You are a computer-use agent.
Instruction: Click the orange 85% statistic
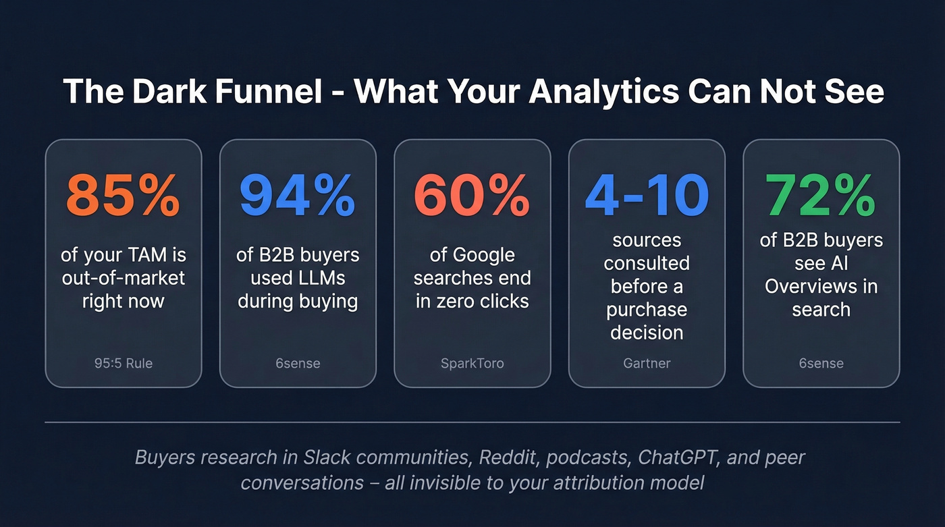[123, 196]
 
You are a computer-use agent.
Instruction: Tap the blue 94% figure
[297, 196]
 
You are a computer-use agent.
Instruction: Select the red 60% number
[472, 196]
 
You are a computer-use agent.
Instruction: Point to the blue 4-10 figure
[647, 196]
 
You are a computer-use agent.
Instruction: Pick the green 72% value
[821, 196]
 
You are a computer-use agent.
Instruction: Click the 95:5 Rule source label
[124, 363]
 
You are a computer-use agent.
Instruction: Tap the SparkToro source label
[472, 363]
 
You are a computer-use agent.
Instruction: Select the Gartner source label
[647, 363]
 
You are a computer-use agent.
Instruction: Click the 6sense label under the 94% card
[298, 363]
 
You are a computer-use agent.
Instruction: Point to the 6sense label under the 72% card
[821, 363]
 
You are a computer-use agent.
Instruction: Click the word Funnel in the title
[265, 92]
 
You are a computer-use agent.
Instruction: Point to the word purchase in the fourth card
[647, 310]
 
